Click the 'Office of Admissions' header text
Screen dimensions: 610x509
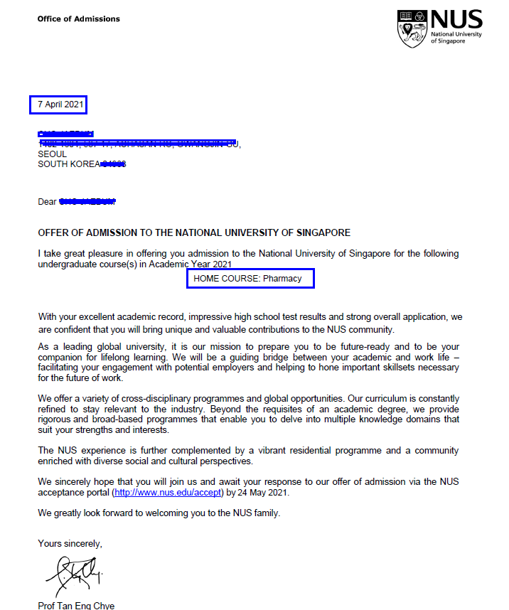pyautogui.click(x=79, y=18)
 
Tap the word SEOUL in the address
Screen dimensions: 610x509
pyautogui.click(x=52, y=154)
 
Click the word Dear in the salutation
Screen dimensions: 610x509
pyautogui.click(x=47, y=202)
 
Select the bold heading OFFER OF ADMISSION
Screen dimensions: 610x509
pyautogui.click(x=194, y=233)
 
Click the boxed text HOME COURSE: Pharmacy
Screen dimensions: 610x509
pyautogui.click(x=250, y=279)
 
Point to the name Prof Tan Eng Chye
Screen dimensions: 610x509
pyautogui.click(x=76, y=606)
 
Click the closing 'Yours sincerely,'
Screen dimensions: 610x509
pyautogui.click(x=70, y=544)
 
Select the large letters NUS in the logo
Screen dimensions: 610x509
pyautogui.click(x=456, y=20)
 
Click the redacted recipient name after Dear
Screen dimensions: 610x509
pyautogui.click(x=87, y=202)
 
